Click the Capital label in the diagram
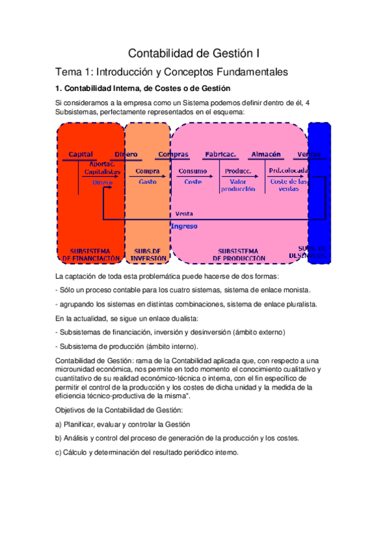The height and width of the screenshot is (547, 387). coord(81,154)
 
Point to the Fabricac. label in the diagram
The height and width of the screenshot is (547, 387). coord(220,154)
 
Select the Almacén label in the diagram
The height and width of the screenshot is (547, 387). coord(266,154)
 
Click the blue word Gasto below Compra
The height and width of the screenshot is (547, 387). coord(148,182)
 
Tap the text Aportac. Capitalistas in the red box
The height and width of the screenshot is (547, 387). coord(100,168)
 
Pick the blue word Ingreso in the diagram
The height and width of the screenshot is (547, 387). coord(184,226)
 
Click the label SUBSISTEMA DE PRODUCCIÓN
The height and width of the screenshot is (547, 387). coord(238,254)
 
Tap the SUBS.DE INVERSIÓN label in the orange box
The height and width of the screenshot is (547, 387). coord(148,254)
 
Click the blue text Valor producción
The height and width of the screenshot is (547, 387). coord(238,186)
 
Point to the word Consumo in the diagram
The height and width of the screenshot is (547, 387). coord(193,171)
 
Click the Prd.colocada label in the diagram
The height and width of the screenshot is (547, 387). coord(288,171)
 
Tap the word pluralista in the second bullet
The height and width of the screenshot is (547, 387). coord(298,304)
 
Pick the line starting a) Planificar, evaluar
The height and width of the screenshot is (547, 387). coord(123,424)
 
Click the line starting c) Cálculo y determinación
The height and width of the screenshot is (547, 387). coord(147,452)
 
